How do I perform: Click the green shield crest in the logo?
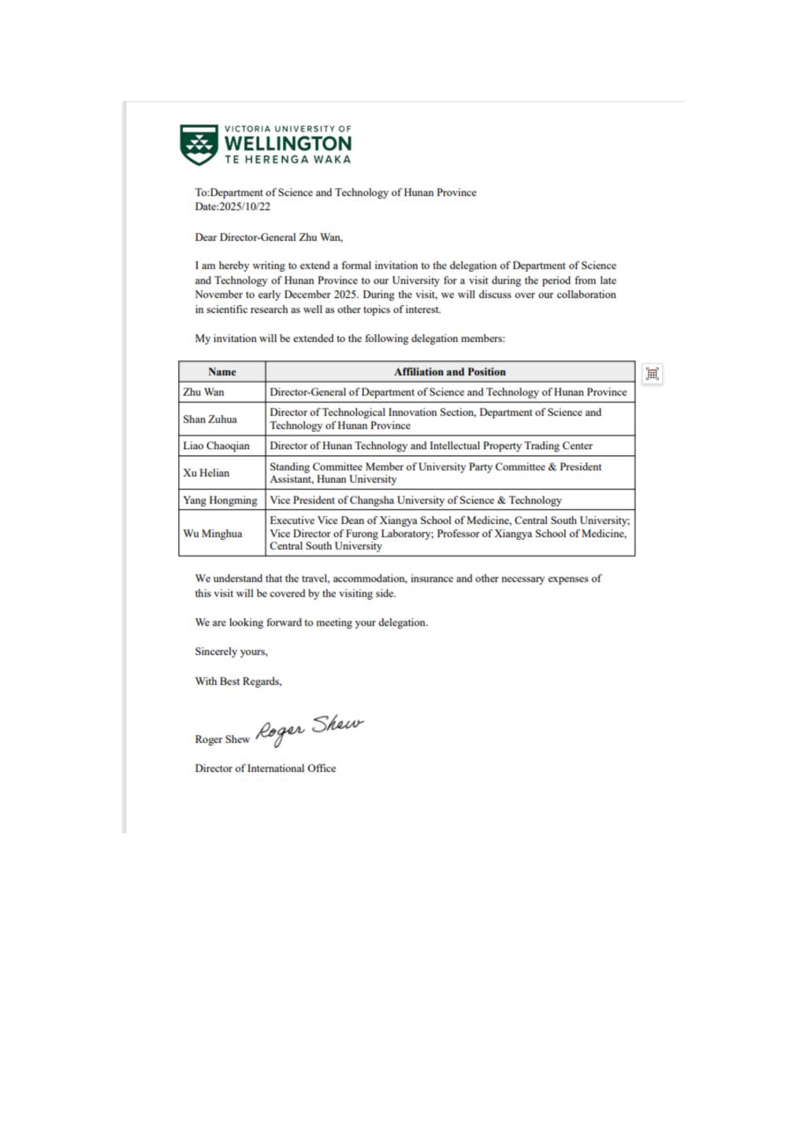(199, 143)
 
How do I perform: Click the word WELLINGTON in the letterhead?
(288, 143)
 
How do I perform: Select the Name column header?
(222, 372)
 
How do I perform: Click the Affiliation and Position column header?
(450, 372)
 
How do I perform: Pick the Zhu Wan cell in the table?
(204, 392)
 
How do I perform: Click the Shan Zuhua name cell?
(210, 419)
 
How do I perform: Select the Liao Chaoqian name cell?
(217, 446)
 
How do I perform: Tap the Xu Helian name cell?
(206, 473)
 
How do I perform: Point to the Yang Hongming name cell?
(221, 500)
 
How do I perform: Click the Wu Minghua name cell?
(213, 533)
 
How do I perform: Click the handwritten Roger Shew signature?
(309, 729)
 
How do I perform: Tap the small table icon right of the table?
(652, 374)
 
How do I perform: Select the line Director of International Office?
(266, 768)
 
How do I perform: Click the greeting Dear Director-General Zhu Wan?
(269, 237)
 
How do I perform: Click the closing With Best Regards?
(238, 682)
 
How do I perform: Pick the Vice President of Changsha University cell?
(416, 500)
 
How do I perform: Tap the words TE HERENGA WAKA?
(288, 159)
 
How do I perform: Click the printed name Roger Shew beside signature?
(222, 740)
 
